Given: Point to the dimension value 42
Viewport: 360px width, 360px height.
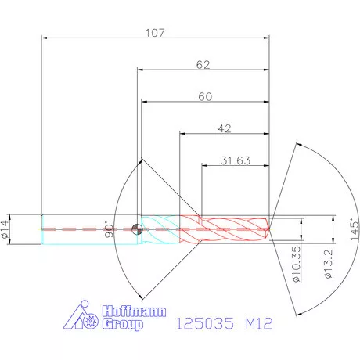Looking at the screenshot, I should pos(225,128).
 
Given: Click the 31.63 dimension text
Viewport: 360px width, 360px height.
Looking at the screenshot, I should pos(235,160).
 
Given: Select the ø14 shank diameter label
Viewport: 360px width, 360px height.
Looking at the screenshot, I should pos(7,230).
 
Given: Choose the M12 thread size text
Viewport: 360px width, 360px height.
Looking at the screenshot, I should pos(257,322).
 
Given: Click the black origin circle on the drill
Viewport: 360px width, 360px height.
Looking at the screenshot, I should pos(138,229).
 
